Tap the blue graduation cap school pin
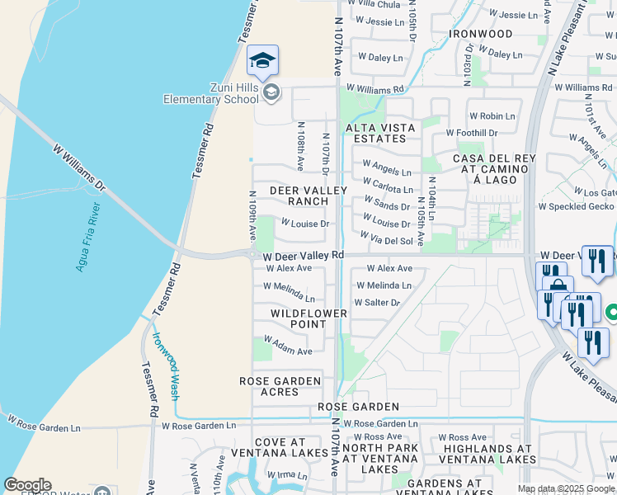(x=262, y=60)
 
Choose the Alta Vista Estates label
(x=375, y=133)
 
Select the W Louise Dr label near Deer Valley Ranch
(x=304, y=224)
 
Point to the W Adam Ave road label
(x=288, y=351)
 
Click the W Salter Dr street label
(x=377, y=303)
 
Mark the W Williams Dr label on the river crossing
(x=79, y=168)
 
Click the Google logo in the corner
(x=27, y=485)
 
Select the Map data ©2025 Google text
(x=567, y=488)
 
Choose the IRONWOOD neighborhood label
(x=481, y=34)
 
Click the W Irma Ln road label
(x=285, y=475)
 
